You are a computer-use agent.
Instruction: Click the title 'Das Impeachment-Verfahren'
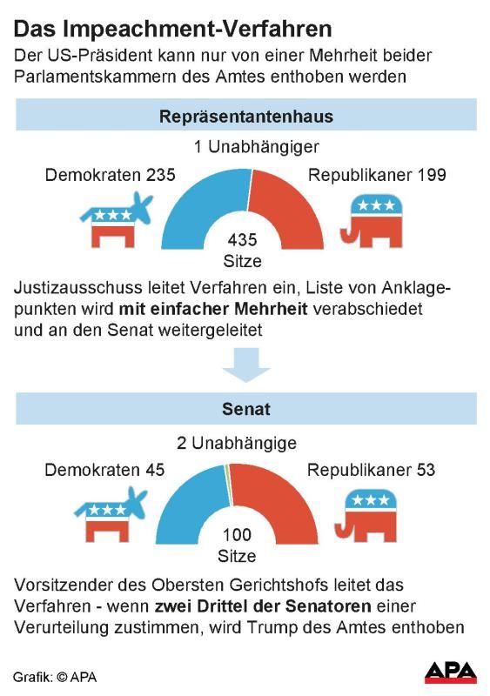173,30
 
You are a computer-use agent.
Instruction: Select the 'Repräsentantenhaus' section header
246,117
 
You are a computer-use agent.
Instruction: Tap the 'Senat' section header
246,409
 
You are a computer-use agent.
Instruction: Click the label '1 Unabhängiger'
257,147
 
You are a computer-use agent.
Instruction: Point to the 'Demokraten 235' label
111,175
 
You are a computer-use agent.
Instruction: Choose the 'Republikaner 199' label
377,175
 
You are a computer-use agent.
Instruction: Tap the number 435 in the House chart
242,240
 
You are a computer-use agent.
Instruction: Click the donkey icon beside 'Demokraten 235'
117,220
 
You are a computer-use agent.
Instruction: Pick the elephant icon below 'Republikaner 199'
372,221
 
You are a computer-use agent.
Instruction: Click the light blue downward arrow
246,365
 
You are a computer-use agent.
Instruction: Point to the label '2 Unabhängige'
237,443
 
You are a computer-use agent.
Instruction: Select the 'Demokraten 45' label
104,470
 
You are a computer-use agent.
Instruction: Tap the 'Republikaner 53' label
371,470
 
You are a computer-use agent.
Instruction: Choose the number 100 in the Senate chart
237,535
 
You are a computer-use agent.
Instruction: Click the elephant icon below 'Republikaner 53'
366,516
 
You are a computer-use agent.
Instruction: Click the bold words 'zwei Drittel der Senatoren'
263,606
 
